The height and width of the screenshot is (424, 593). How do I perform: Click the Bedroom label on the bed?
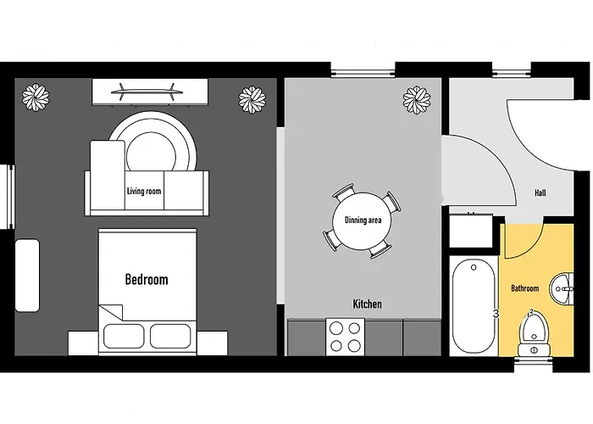pyautogui.click(x=147, y=280)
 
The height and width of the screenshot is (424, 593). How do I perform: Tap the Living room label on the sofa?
pyautogui.click(x=144, y=191)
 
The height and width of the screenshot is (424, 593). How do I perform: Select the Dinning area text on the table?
pyautogui.click(x=363, y=220)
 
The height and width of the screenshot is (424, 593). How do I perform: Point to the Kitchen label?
pyautogui.click(x=367, y=304)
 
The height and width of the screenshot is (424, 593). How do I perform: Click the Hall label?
pyautogui.click(x=540, y=192)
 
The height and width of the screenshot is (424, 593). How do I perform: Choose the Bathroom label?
pyautogui.click(x=525, y=288)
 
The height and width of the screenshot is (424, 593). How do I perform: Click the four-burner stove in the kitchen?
pyautogui.click(x=345, y=337)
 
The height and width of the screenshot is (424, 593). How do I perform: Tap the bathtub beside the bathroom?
pyautogui.click(x=474, y=306)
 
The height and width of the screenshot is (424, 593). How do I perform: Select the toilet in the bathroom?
pyautogui.click(x=534, y=334)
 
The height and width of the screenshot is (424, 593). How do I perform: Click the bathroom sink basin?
pyautogui.click(x=562, y=289)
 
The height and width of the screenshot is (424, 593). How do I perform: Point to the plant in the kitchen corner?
pyautogui.click(x=417, y=100)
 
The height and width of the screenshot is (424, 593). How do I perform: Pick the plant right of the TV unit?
pyautogui.click(x=252, y=99)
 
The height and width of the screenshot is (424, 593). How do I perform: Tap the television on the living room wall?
pyautogui.click(x=147, y=92)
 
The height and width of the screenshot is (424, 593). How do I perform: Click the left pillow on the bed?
pyautogui.click(x=124, y=336)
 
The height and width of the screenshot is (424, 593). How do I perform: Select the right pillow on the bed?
pyautogui.click(x=170, y=336)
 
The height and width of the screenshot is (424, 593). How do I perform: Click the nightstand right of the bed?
pyautogui.click(x=212, y=343)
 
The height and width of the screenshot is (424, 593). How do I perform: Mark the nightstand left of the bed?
pyautogui.click(x=83, y=343)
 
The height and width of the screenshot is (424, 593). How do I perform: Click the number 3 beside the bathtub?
pyautogui.click(x=496, y=315)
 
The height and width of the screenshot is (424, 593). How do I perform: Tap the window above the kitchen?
pyautogui.click(x=363, y=70)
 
